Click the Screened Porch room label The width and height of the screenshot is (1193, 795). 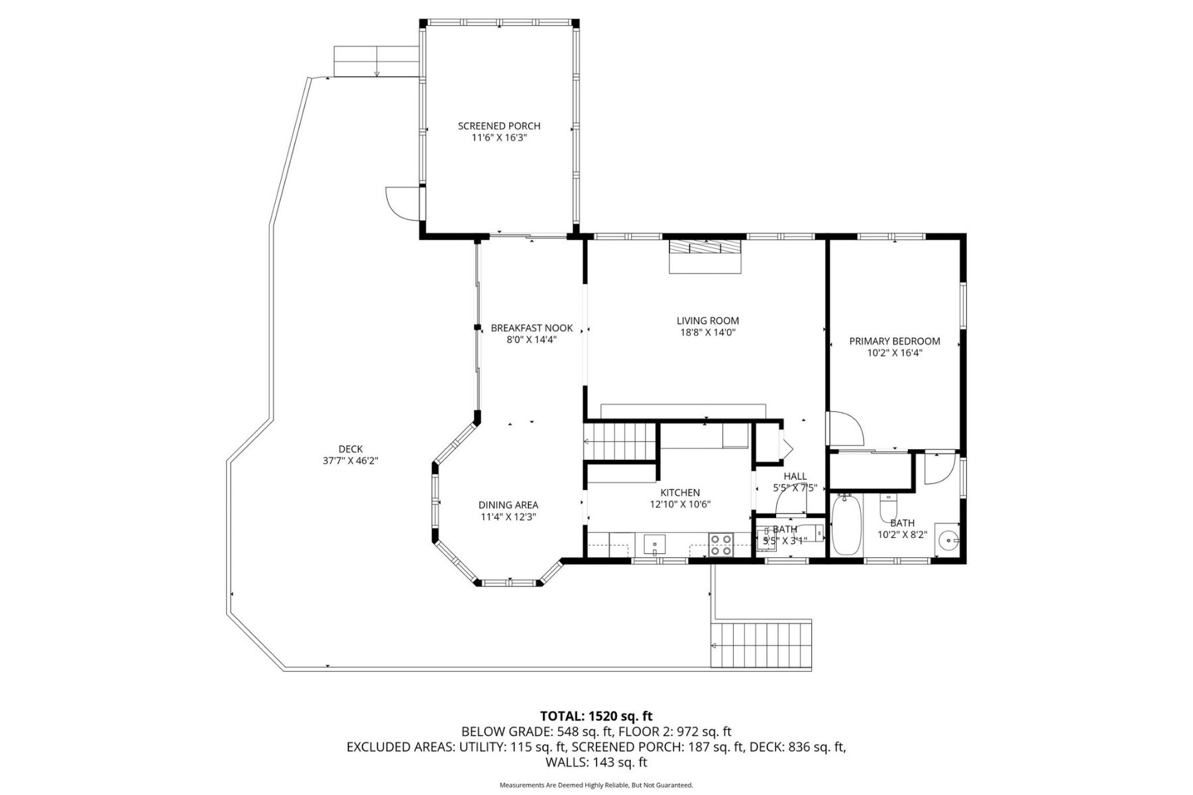pyautogui.click(x=499, y=126)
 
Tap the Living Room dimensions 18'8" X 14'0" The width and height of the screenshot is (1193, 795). pyautogui.click(x=707, y=333)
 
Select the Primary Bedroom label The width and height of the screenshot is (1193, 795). pyautogui.click(x=895, y=341)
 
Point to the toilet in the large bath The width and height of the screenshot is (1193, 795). pyautogui.click(x=888, y=509)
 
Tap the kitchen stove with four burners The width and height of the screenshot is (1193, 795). pyautogui.click(x=720, y=544)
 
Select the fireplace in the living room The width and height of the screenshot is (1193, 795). pyautogui.click(x=705, y=255)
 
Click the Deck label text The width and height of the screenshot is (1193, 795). pyautogui.click(x=350, y=449)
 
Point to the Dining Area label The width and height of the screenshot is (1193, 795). pyautogui.click(x=508, y=505)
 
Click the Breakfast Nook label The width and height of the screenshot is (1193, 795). pyautogui.click(x=532, y=328)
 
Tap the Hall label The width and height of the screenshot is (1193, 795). pyautogui.click(x=795, y=476)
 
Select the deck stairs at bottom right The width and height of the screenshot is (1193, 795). pyautogui.click(x=762, y=645)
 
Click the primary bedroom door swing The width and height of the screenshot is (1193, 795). pyautogui.click(x=845, y=429)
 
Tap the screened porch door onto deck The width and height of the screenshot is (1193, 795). pyautogui.click(x=400, y=202)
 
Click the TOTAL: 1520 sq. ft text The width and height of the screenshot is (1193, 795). pyautogui.click(x=596, y=715)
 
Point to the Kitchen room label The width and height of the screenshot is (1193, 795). pyautogui.click(x=680, y=493)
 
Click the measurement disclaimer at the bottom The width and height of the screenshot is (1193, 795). pyautogui.click(x=596, y=785)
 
